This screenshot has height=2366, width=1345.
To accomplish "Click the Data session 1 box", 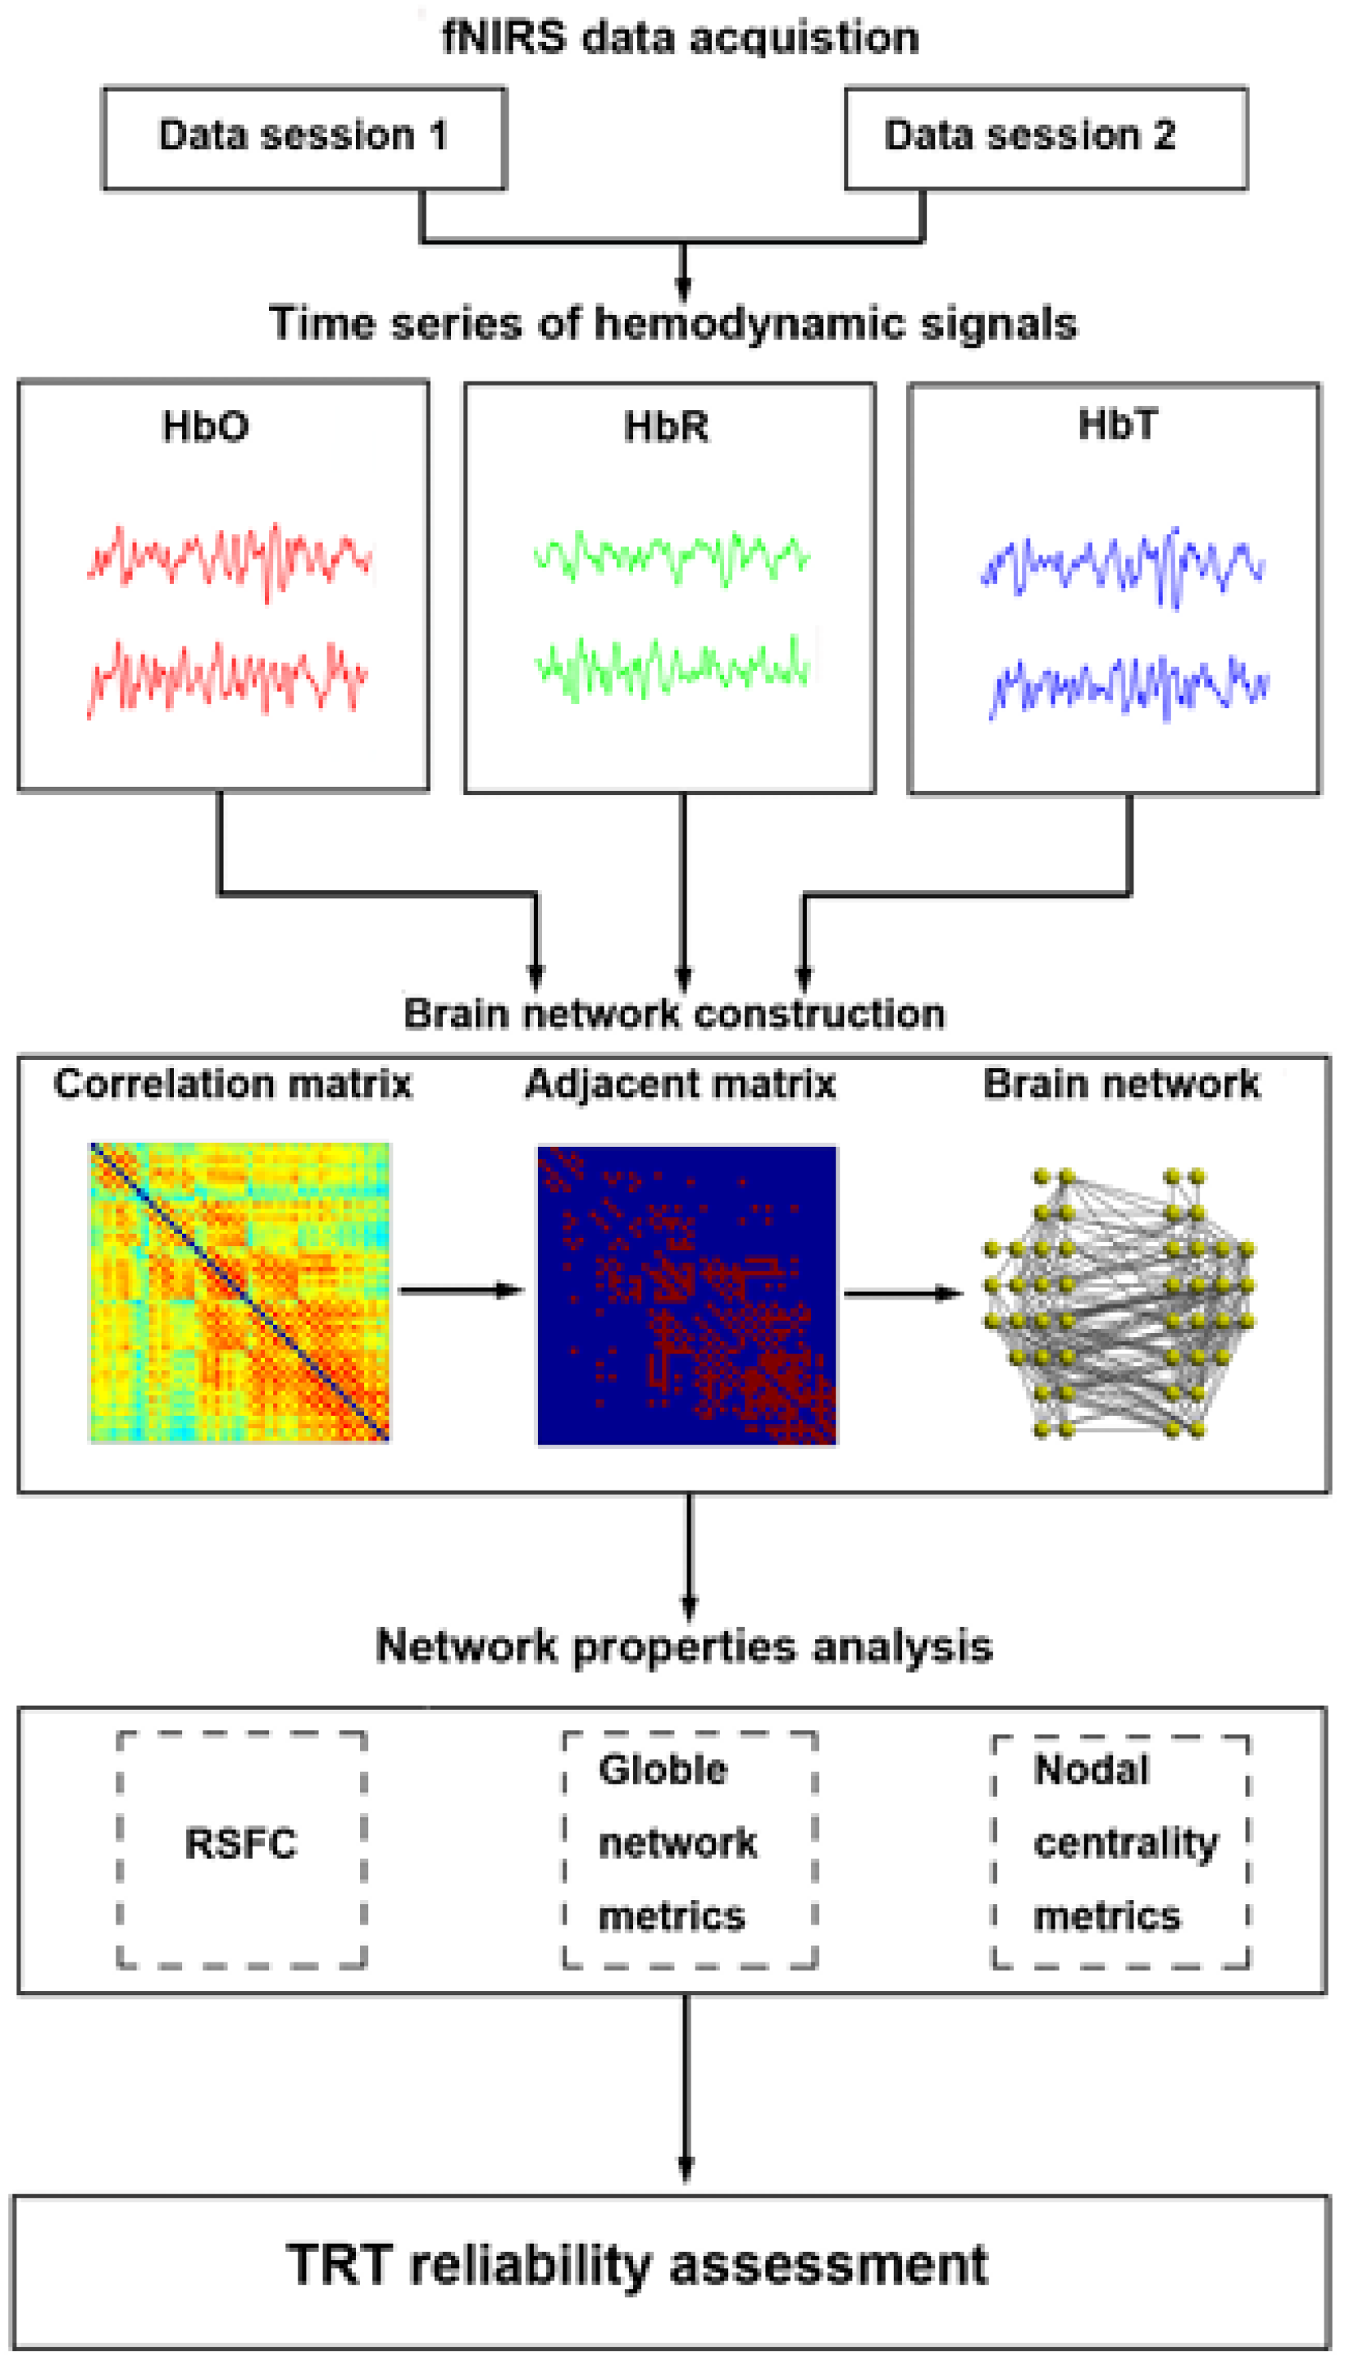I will (304, 138).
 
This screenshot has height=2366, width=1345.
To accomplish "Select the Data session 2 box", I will (1046, 138).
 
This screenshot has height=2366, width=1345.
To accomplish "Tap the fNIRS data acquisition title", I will (680, 38).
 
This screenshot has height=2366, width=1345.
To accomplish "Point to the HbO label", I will (205, 427).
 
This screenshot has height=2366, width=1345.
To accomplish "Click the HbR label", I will (666, 427).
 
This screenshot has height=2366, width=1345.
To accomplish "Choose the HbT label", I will (1117, 425).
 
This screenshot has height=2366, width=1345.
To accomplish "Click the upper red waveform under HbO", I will (229, 561).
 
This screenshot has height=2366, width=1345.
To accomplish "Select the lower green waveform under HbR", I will (672, 666).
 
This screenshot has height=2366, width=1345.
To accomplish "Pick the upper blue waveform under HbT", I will (1123, 564).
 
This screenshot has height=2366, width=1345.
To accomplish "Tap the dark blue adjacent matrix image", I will (687, 1295).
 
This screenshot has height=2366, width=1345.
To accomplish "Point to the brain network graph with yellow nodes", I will (1119, 1303).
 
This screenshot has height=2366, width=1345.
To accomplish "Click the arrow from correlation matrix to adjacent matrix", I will (461, 1290).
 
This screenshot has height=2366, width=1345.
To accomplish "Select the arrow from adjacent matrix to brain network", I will (902, 1294).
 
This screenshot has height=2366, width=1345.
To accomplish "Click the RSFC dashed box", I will (242, 1849).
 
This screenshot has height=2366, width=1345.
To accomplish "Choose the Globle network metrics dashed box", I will (689, 1849).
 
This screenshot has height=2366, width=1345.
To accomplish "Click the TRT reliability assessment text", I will (637, 2265).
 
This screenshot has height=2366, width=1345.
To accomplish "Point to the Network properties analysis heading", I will (684, 1647).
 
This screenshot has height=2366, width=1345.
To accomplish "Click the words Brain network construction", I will (674, 1014).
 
